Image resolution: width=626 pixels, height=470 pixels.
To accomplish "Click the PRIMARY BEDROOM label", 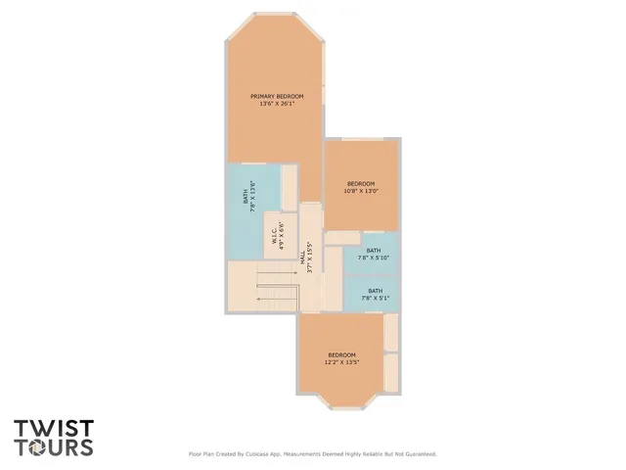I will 277,96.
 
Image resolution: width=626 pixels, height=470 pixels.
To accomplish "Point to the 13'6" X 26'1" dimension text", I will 277,104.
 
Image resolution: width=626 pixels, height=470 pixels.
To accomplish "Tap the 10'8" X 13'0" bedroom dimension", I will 361,191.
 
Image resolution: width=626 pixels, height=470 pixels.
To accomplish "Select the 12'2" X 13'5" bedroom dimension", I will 342,362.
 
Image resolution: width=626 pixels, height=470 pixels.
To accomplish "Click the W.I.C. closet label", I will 273,235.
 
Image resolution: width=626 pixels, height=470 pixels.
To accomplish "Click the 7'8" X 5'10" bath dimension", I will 374,258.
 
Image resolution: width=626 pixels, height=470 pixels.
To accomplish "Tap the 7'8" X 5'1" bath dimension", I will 375,298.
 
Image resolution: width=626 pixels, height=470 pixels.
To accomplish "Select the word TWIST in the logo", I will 54,429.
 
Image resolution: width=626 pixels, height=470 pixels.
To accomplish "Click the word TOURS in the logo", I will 54,447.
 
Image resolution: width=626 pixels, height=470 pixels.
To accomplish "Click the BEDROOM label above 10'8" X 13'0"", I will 361,183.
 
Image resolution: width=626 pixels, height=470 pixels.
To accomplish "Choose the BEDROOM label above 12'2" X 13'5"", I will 341,354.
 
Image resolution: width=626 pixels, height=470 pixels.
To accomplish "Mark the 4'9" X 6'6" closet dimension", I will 281,235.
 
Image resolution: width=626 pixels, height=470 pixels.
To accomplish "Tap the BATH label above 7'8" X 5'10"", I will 374,251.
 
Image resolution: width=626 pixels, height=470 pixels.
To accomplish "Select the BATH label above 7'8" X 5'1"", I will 375,290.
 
